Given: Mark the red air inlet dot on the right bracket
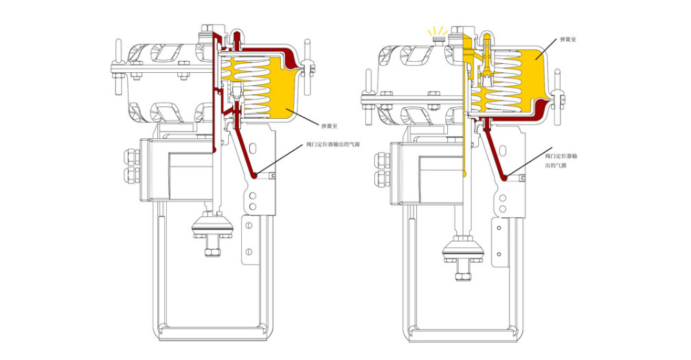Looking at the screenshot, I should click(504, 179).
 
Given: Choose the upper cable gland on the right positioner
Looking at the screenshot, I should click(380, 161).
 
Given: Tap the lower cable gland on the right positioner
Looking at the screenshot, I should click(380, 181).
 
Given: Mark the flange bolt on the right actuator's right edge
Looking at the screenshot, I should click(560, 89).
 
